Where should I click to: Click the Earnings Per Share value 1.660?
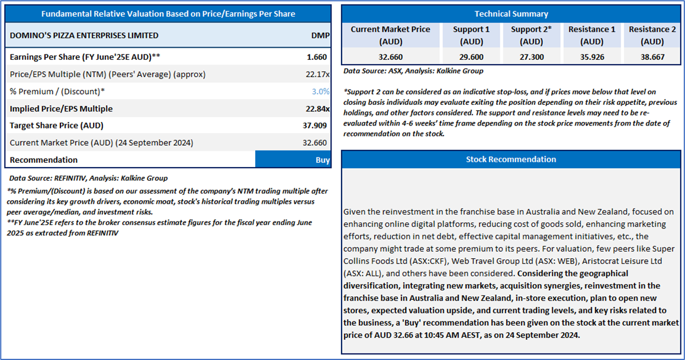tap(317, 57)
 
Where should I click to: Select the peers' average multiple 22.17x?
tap(317, 74)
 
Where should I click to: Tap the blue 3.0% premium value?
tap(321, 91)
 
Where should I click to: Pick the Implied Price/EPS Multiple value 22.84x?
tap(317, 109)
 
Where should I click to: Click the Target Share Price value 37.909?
tap(315, 126)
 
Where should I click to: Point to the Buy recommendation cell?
tap(293, 159)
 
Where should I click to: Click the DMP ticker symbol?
tap(321, 36)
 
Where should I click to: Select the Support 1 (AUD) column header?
tap(471, 36)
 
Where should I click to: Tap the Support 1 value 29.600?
tap(471, 57)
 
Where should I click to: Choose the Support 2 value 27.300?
tap(532, 57)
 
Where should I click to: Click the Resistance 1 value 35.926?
tap(592, 57)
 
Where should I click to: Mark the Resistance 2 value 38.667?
tap(652, 57)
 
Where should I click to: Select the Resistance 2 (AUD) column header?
tap(652, 36)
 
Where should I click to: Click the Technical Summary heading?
tap(511, 14)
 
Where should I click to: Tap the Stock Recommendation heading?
tap(511, 159)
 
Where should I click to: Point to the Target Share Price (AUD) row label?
tap(56, 126)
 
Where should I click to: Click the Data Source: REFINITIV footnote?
tap(88, 178)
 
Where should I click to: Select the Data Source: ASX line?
tap(413, 71)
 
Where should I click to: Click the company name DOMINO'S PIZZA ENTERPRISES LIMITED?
tap(84, 36)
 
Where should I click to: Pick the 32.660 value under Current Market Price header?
tap(391, 57)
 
